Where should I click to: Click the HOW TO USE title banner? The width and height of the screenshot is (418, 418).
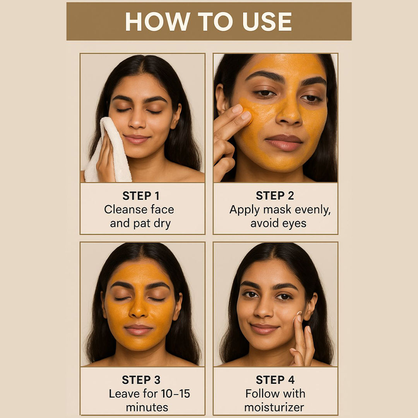click(209, 21)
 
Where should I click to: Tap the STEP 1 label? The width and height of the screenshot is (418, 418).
click(141, 196)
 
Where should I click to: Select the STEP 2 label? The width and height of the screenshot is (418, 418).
click(275, 196)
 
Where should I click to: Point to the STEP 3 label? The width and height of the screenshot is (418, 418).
click(141, 380)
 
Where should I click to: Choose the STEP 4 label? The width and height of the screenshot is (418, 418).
click(275, 380)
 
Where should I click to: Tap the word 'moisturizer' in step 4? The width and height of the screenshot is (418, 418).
click(274, 408)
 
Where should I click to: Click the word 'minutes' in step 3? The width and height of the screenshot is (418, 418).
click(147, 408)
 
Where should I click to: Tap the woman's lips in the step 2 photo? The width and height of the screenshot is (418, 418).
click(284, 142)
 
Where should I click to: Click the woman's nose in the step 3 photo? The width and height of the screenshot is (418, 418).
click(138, 309)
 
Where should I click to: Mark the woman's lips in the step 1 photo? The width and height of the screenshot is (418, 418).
click(137, 139)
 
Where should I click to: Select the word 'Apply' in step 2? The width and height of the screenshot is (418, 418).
click(245, 210)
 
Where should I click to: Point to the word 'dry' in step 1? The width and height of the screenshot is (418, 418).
click(162, 224)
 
